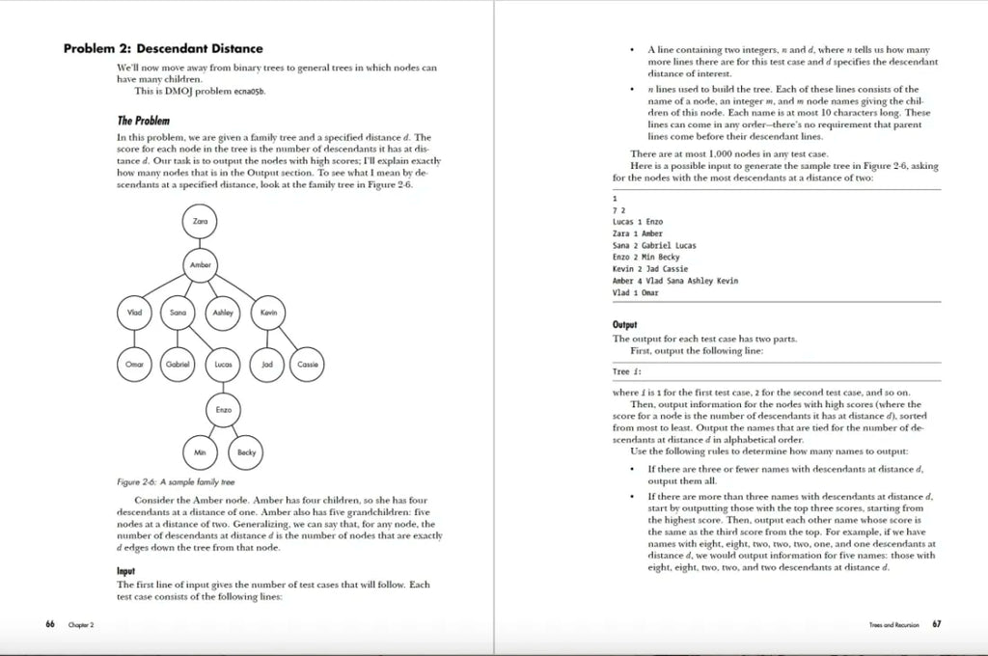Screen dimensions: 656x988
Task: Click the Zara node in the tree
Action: pyautogui.click(x=200, y=222)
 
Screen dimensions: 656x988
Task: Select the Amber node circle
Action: pyautogui.click(x=200, y=264)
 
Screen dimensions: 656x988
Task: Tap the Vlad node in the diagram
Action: pyautogui.click(x=134, y=313)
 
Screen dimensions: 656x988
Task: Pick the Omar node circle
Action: pyautogui.click(x=134, y=364)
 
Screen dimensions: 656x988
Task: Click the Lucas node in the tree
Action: pyautogui.click(x=223, y=364)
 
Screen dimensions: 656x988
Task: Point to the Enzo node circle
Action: pyautogui.click(x=223, y=410)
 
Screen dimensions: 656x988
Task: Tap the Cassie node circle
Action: pyautogui.click(x=308, y=364)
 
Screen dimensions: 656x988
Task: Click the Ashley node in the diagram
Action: pyautogui.click(x=223, y=313)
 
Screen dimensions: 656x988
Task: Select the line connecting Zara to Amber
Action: pyautogui.click(x=200, y=243)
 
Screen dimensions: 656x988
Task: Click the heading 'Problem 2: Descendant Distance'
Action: pyautogui.click(x=163, y=48)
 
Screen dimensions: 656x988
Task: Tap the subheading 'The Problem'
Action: pyautogui.click(x=144, y=121)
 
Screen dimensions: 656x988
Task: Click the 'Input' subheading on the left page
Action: pyautogui.click(x=125, y=571)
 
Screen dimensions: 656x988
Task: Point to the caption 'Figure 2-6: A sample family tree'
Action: pyautogui.click(x=176, y=481)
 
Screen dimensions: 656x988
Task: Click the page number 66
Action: pyautogui.click(x=49, y=624)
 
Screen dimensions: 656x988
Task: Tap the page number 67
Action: pyautogui.click(x=937, y=624)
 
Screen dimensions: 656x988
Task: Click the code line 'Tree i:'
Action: pyautogui.click(x=626, y=371)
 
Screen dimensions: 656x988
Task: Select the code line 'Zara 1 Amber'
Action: pyautogui.click(x=638, y=233)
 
